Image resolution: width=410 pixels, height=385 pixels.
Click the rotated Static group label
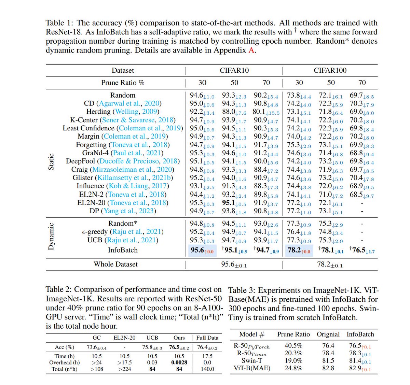pos(51,161)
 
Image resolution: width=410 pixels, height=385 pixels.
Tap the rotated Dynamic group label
pos(51,236)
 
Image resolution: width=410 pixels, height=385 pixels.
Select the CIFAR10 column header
pos(234,70)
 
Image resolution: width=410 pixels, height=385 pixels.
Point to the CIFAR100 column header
pos(330,70)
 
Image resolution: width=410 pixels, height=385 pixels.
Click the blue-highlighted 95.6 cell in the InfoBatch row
pos(202,250)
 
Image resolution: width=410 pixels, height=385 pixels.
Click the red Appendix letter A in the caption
pos(251,50)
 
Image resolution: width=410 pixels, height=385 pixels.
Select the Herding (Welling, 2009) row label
pos(123,112)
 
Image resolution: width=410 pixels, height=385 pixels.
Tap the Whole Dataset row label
pos(116,264)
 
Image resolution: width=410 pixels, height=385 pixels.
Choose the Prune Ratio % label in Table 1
pos(123,83)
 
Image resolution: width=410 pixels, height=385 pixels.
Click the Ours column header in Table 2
pos(179,338)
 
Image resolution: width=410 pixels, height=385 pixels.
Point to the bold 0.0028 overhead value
pos(179,362)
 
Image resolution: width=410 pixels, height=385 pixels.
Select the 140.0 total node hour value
pos(207,369)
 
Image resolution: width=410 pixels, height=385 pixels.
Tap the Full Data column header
pos(207,338)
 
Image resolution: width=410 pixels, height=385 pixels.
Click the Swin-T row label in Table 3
pos(252,360)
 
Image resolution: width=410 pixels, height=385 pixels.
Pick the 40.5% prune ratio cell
pos(293,345)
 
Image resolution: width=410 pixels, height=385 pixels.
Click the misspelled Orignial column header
pos(328,334)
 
